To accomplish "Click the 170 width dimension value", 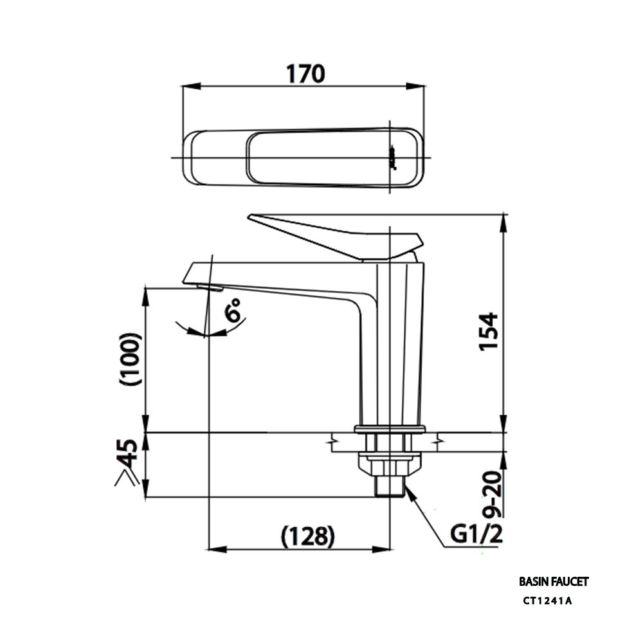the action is [305, 74].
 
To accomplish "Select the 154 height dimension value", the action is [489, 331].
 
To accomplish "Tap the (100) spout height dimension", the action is [131, 359].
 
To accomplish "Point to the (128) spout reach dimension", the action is [308, 536].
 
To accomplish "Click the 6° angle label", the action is [233, 310].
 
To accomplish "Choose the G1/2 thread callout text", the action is [476, 534].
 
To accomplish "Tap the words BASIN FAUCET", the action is [554, 581].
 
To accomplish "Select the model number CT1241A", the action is [547, 601].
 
